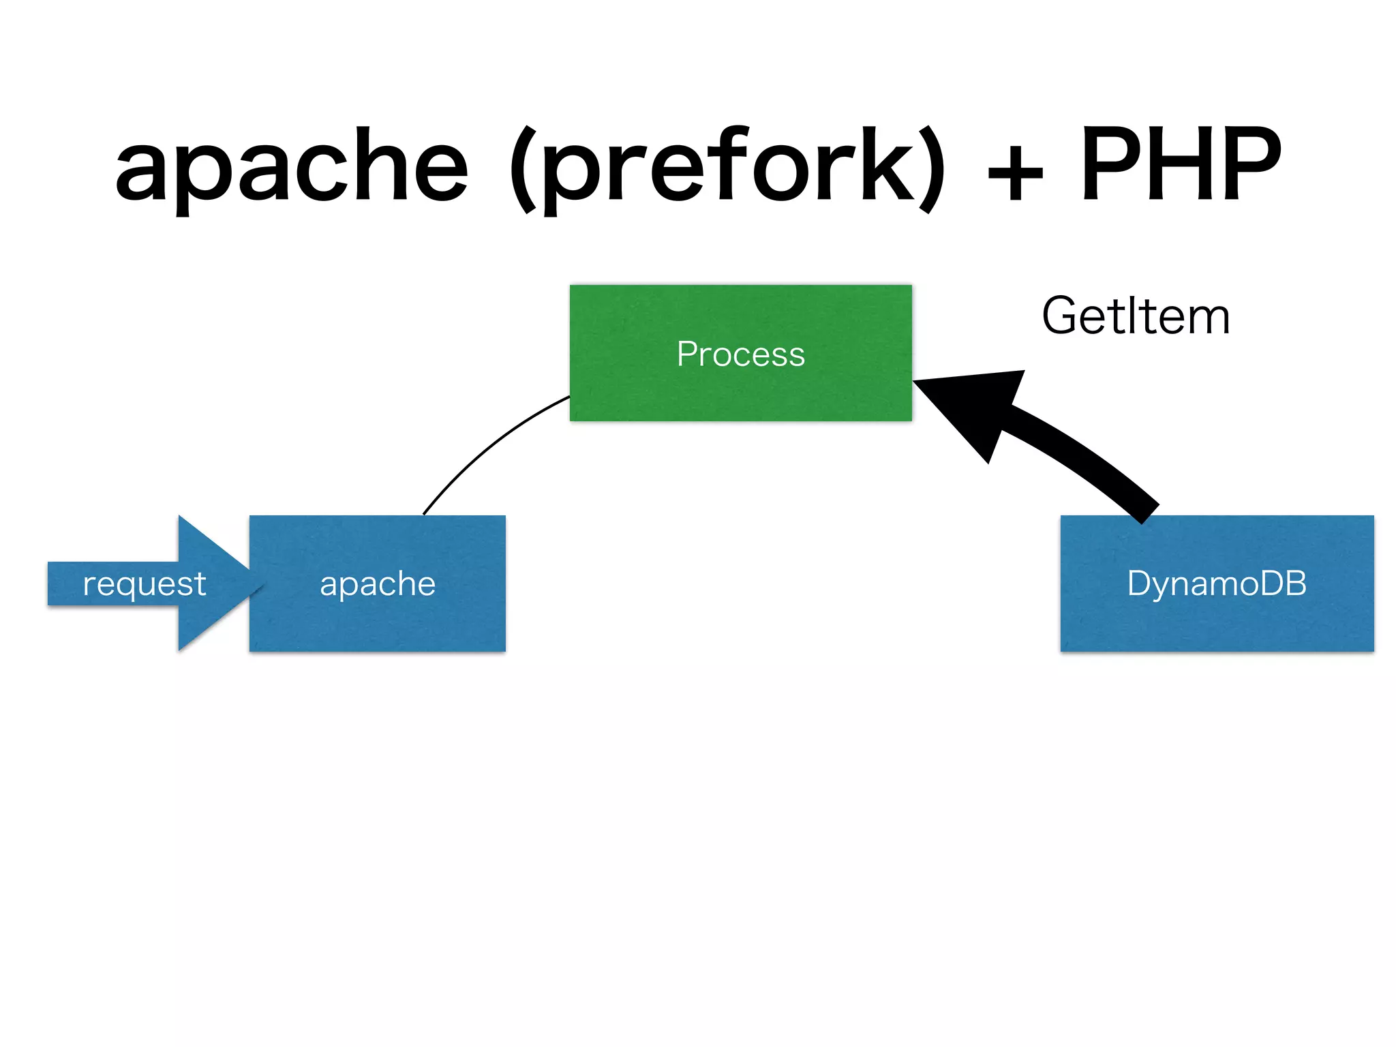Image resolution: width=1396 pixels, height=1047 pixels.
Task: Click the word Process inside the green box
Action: tap(740, 354)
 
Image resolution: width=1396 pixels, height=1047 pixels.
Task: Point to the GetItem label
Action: tap(1136, 316)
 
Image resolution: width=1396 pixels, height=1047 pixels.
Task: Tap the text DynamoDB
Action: tap(1217, 583)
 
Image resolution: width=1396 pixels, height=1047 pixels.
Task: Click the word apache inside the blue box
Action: tap(377, 584)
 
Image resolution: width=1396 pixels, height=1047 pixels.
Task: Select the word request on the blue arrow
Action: tap(144, 584)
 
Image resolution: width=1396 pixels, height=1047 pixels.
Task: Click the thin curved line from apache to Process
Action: tap(487, 446)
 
